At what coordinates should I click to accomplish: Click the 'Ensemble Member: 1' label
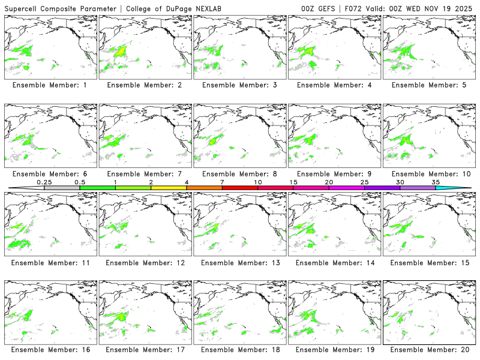point(52,85)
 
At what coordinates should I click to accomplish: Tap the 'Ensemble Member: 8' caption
point(241,173)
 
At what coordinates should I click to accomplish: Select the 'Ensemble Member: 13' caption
point(241,262)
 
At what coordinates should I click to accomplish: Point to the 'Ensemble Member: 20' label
point(430,349)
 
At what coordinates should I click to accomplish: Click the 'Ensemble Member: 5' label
point(430,85)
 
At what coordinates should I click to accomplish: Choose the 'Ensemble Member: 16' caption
point(52,349)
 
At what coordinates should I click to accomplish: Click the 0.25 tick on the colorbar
point(44,182)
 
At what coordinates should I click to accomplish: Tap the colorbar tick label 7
point(222,182)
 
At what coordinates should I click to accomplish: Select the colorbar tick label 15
point(293,182)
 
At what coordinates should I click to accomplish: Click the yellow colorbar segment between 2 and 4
point(169,188)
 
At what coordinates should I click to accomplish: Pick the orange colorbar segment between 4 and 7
point(204,188)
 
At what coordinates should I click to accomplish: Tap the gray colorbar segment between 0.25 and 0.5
point(62,188)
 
